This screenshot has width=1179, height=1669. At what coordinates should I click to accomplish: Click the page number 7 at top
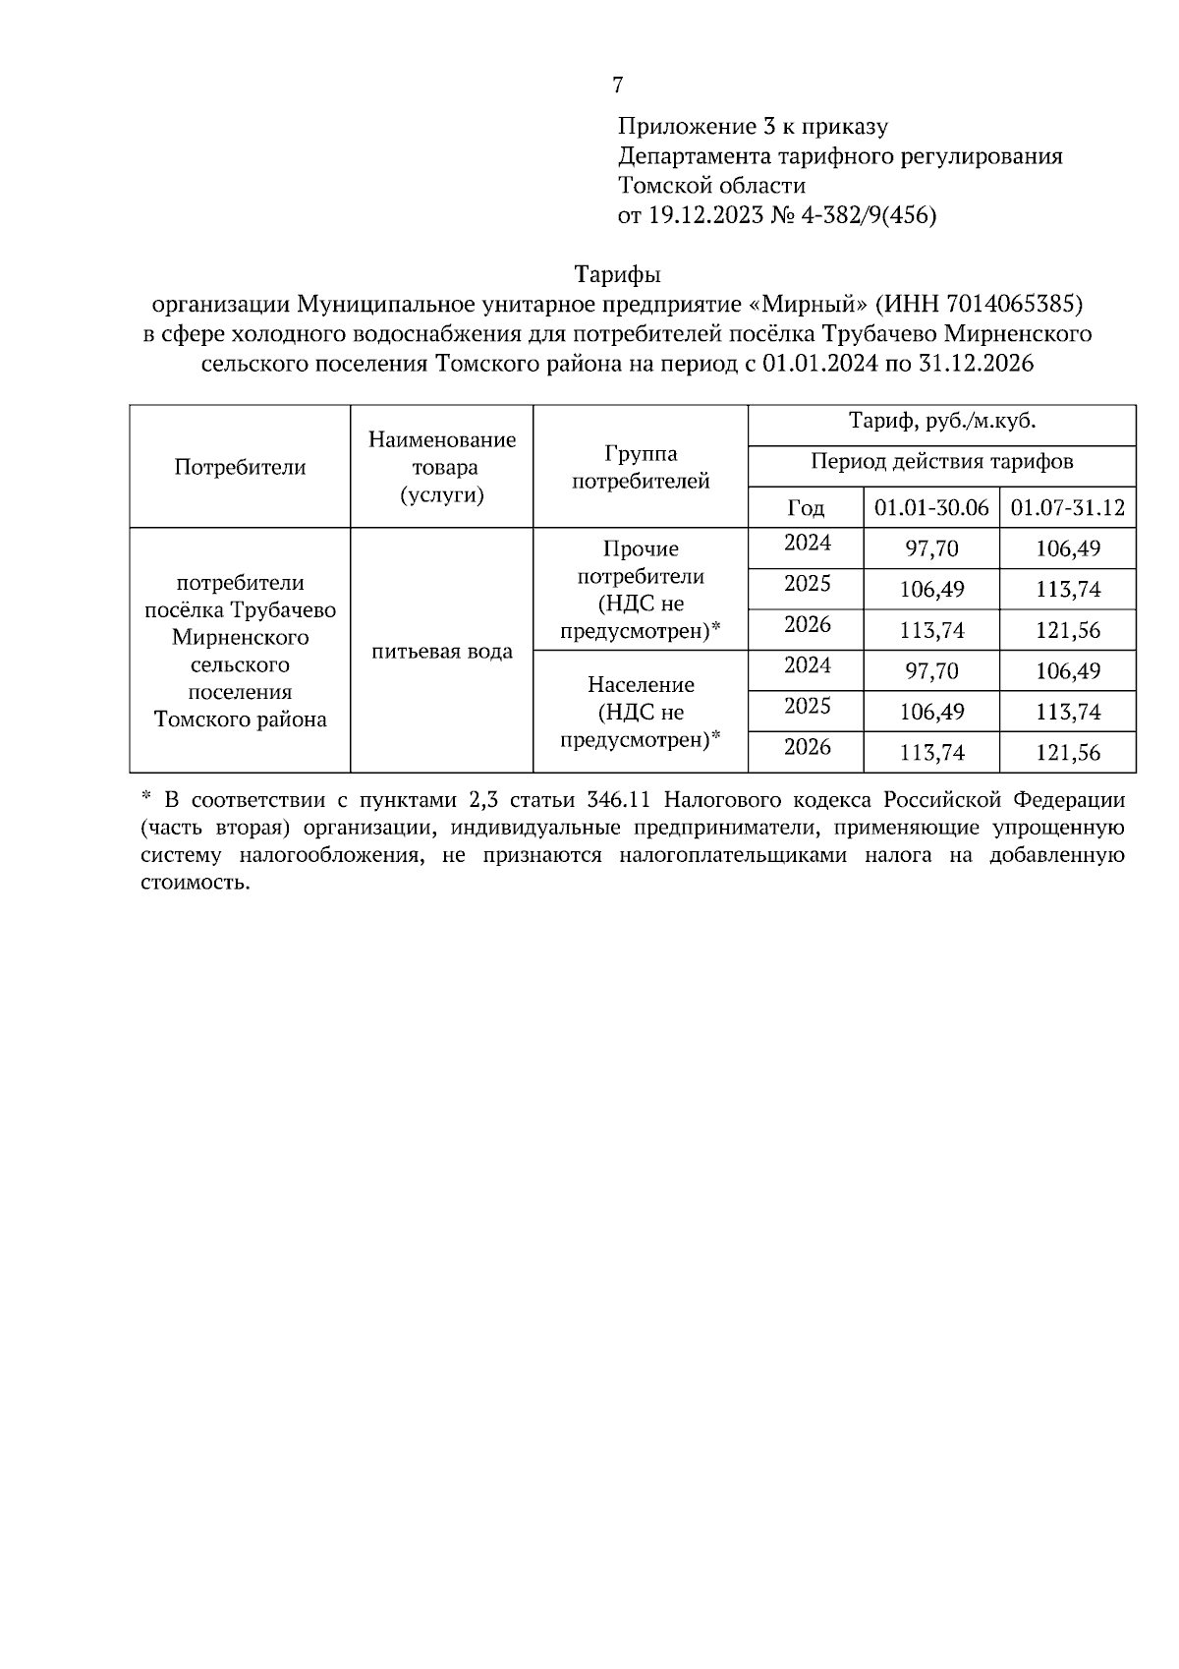pos(617,86)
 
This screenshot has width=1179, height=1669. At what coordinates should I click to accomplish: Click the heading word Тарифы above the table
pos(617,273)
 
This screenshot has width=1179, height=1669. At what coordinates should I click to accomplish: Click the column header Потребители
pos(240,467)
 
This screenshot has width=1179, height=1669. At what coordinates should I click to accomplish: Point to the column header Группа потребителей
pos(641,467)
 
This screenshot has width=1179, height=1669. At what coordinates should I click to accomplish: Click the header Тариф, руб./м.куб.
pos(941,423)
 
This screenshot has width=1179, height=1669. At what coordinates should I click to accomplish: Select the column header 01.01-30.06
pos(930,508)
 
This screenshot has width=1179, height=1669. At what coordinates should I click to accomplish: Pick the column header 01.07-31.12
pos(1067,508)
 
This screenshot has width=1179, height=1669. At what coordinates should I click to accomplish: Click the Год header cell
pos(806,508)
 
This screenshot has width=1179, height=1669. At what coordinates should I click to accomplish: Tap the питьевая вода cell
pos(442,651)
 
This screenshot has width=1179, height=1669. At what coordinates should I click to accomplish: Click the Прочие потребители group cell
pos(641,589)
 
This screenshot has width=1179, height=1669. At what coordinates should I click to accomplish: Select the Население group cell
pos(641,712)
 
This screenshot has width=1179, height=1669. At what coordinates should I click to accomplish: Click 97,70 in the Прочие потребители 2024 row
pos(930,548)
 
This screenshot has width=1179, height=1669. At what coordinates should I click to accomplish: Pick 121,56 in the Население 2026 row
pos(1067,753)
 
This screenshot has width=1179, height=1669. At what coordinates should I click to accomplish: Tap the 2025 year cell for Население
pos(807,707)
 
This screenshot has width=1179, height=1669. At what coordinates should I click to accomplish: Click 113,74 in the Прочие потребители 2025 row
pos(1067,590)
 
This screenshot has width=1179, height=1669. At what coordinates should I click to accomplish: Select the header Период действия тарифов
pos(941,462)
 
